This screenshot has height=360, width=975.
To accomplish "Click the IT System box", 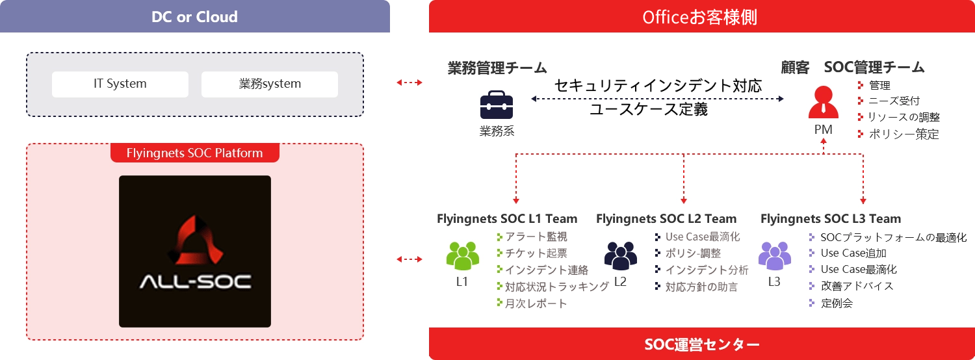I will pyautogui.click(x=120, y=84).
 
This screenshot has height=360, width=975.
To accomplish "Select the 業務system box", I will pyautogui.click(x=270, y=84).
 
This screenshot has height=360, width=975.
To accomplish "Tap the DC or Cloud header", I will pyautogui.click(x=195, y=17).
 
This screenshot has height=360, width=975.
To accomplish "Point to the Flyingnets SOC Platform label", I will pyautogui.click(x=195, y=153).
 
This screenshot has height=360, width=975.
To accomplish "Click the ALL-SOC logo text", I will pyautogui.click(x=195, y=282).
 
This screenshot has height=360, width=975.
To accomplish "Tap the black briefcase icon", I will pyautogui.click(x=497, y=107).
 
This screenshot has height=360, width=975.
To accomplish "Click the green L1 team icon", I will pyautogui.click(x=462, y=256).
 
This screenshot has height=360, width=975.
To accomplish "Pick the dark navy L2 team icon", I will pyautogui.click(x=620, y=256).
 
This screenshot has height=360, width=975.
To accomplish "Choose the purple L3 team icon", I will pyautogui.click(x=774, y=256).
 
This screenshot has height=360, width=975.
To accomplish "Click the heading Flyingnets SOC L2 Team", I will pyautogui.click(x=666, y=219).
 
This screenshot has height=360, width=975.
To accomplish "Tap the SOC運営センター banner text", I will pyautogui.click(x=701, y=344).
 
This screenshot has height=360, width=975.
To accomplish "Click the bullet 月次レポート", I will pyautogui.click(x=536, y=303).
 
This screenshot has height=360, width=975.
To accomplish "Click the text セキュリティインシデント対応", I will pyautogui.click(x=658, y=86).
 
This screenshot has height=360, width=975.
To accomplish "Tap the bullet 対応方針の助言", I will pyautogui.click(x=701, y=287).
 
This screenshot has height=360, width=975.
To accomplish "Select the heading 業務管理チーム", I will pyautogui.click(x=497, y=68).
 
